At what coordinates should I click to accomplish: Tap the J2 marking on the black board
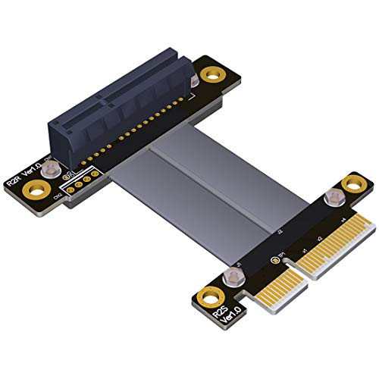[x=280, y=230]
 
